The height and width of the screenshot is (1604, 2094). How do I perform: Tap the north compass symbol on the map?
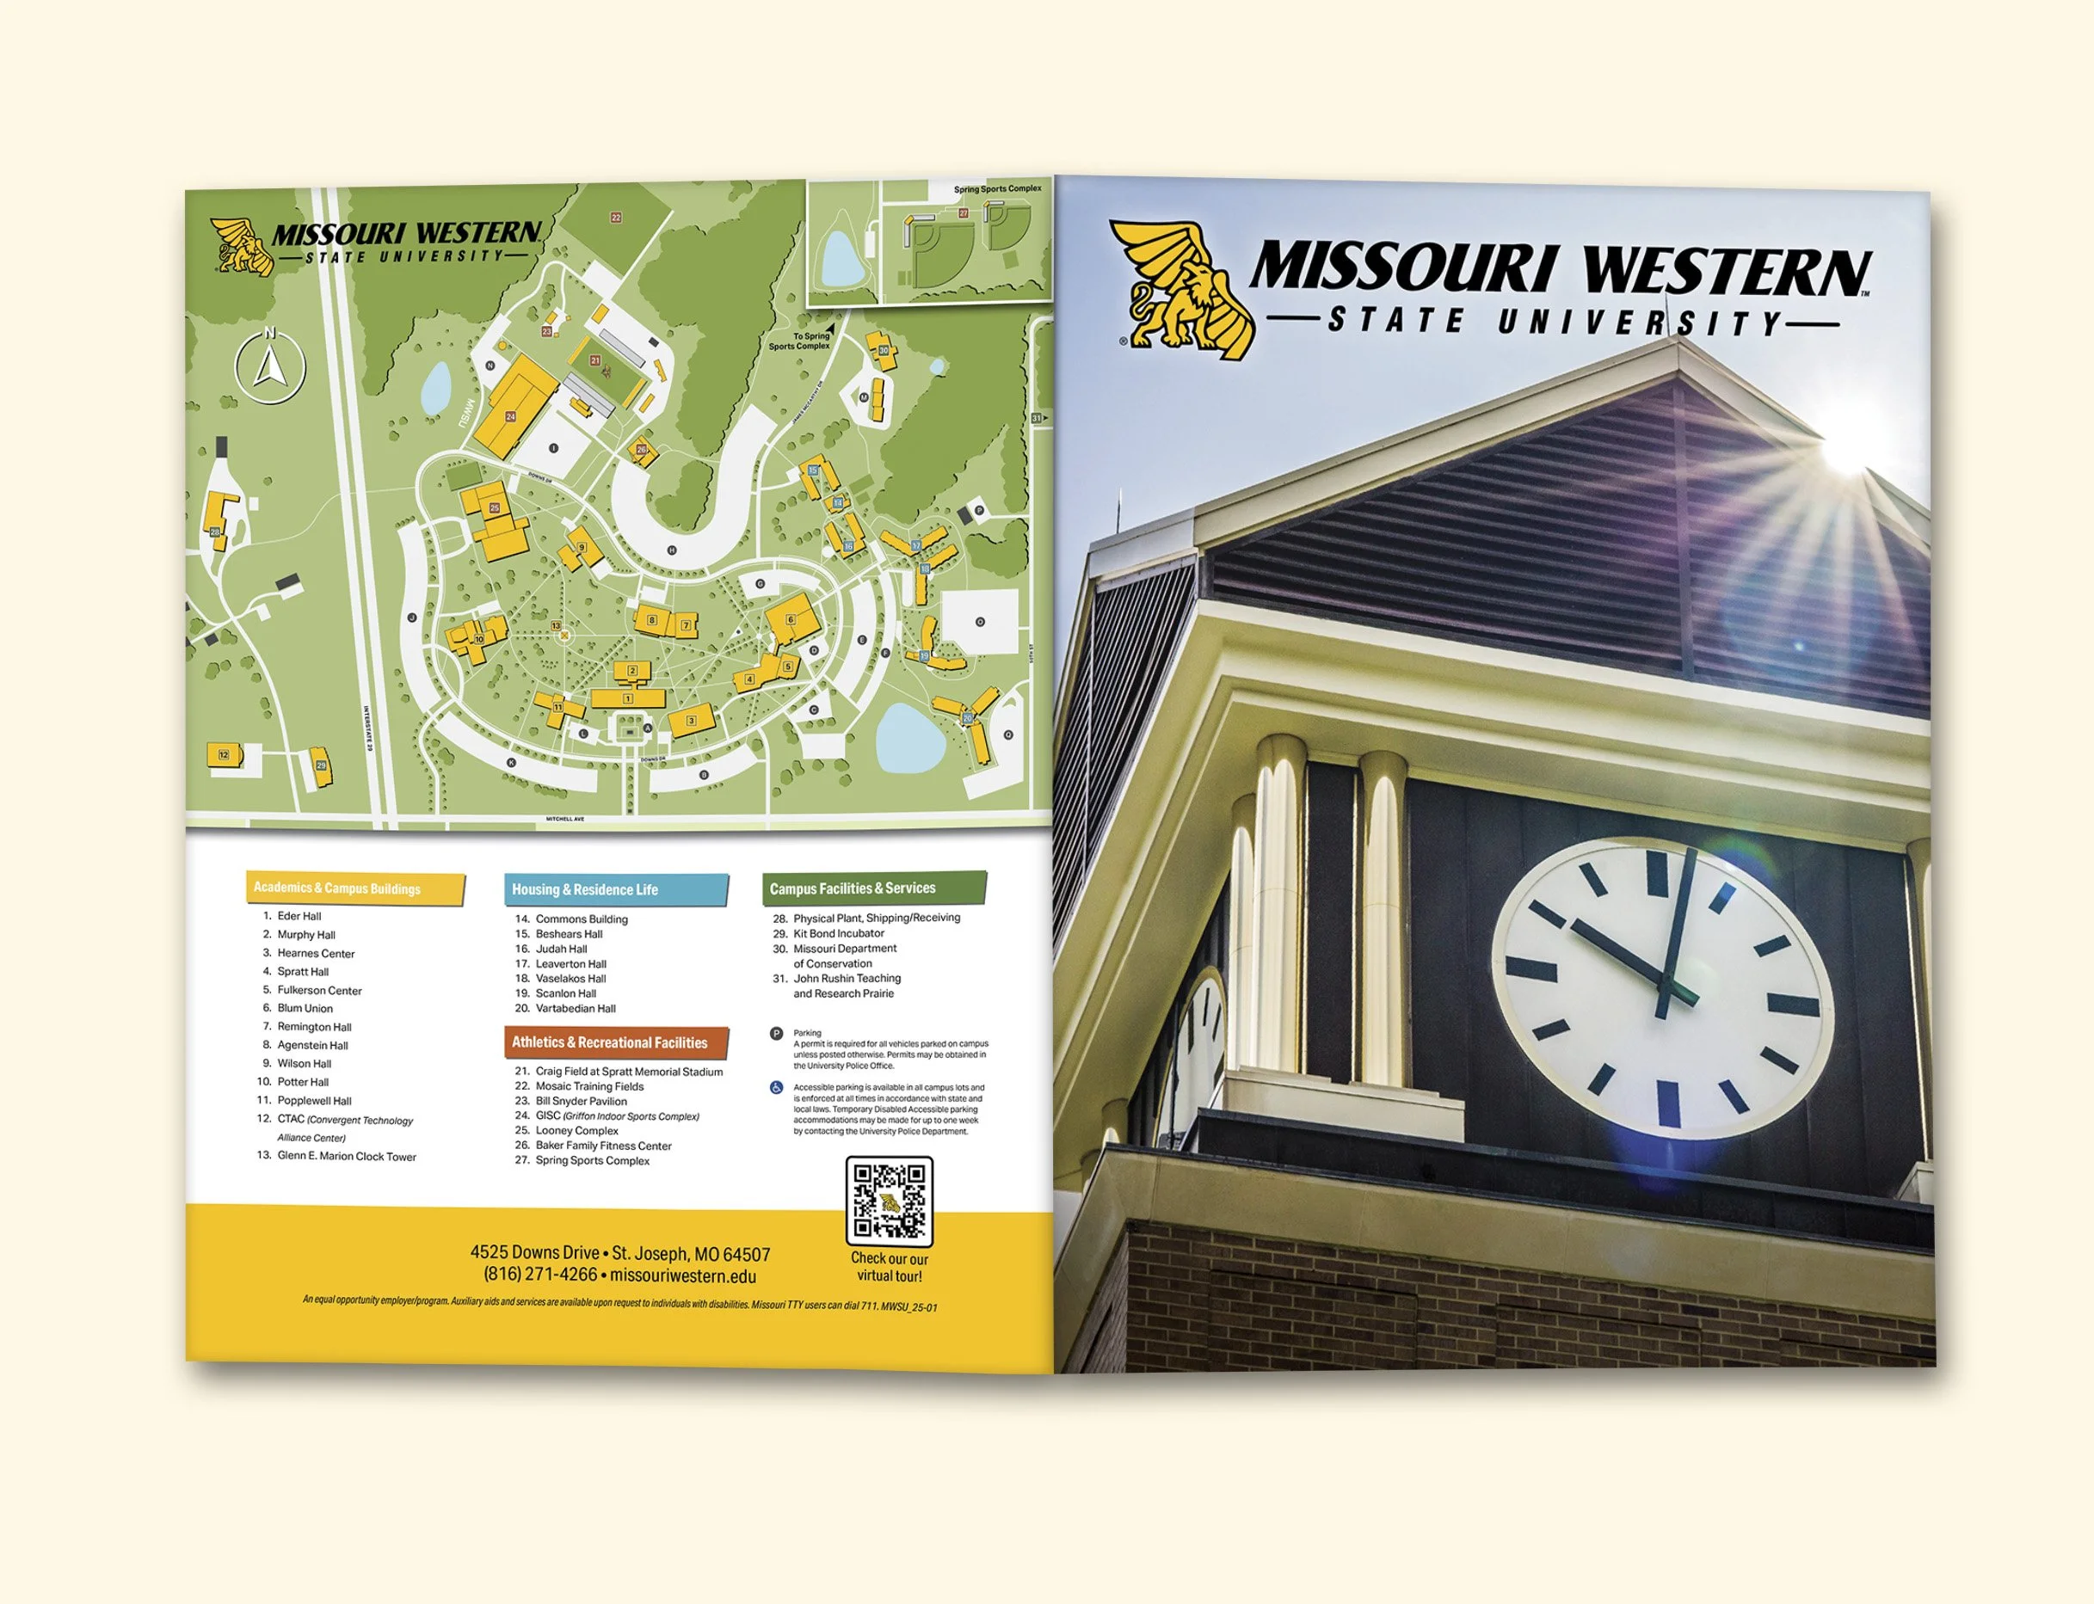click(270, 366)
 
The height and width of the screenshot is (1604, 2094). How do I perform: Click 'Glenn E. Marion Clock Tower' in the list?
click(346, 1156)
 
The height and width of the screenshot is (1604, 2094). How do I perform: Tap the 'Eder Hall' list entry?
click(299, 916)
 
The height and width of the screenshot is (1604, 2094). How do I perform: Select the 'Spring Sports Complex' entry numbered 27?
click(592, 1161)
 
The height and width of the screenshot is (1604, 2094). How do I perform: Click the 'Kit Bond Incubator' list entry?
click(838, 934)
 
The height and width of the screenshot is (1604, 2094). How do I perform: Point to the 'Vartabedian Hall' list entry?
click(575, 1008)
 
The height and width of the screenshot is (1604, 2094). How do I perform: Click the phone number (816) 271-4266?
click(539, 1275)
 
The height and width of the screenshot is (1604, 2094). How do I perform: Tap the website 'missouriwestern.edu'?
click(683, 1276)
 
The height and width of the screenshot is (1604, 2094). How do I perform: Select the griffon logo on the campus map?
click(242, 246)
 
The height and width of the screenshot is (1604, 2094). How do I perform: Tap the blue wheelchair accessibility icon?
click(776, 1087)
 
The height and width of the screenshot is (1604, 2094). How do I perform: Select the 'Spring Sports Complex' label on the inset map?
click(997, 189)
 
